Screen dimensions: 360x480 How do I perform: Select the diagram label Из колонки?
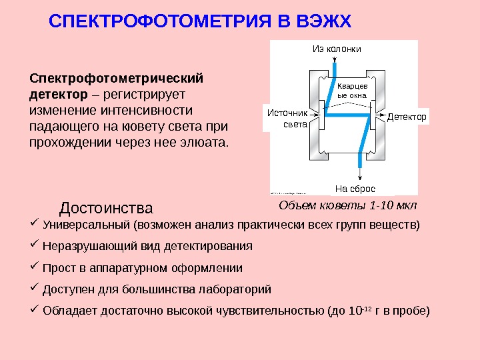pos(336,49)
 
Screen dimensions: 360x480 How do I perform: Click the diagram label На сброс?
pos(355,189)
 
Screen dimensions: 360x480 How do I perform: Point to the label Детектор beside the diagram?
pos(406,116)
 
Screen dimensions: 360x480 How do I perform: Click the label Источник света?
pos(283,118)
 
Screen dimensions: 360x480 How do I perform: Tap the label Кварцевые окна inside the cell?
pos(352,91)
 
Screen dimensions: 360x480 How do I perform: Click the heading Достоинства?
pos(106,209)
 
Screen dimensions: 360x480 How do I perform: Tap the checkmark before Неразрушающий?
pos(35,245)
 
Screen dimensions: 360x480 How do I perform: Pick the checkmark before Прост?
pos(35,267)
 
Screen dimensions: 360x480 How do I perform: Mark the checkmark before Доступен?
pos(35,289)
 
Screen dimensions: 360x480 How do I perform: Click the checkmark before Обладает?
pos(35,310)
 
